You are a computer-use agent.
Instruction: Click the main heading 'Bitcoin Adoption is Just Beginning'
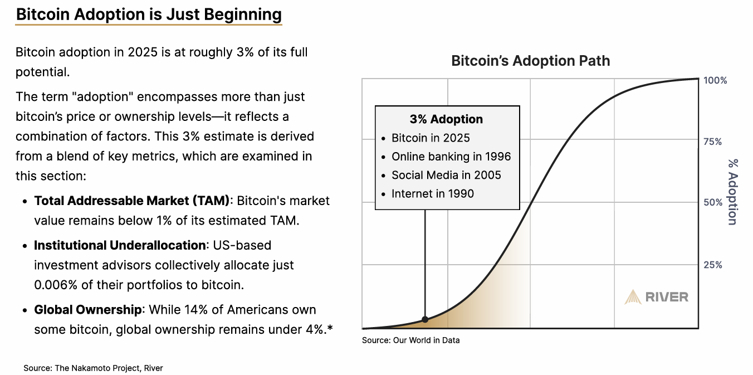click(149, 14)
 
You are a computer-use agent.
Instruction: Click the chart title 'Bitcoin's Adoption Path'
click(530, 61)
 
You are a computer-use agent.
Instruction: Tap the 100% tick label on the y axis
click(715, 80)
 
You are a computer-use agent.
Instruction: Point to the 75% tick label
click(713, 142)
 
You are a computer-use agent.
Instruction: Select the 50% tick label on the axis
click(713, 203)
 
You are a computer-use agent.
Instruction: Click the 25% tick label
click(713, 265)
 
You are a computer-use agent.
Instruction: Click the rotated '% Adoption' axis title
click(732, 192)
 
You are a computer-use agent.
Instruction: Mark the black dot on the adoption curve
click(425, 319)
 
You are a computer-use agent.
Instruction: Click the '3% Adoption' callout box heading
click(446, 119)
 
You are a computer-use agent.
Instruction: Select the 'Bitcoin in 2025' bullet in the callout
click(431, 138)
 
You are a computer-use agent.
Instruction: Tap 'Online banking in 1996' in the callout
click(451, 157)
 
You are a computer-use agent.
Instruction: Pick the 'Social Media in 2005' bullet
click(446, 175)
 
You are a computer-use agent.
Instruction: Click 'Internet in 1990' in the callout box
click(433, 193)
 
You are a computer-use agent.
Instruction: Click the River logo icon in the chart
click(633, 297)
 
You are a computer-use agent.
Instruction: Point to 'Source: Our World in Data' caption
click(410, 340)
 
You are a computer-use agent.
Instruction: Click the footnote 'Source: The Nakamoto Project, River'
click(93, 368)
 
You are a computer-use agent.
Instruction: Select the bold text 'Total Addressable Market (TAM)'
click(131, 201)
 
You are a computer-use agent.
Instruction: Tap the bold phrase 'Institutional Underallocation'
click(119, 245)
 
